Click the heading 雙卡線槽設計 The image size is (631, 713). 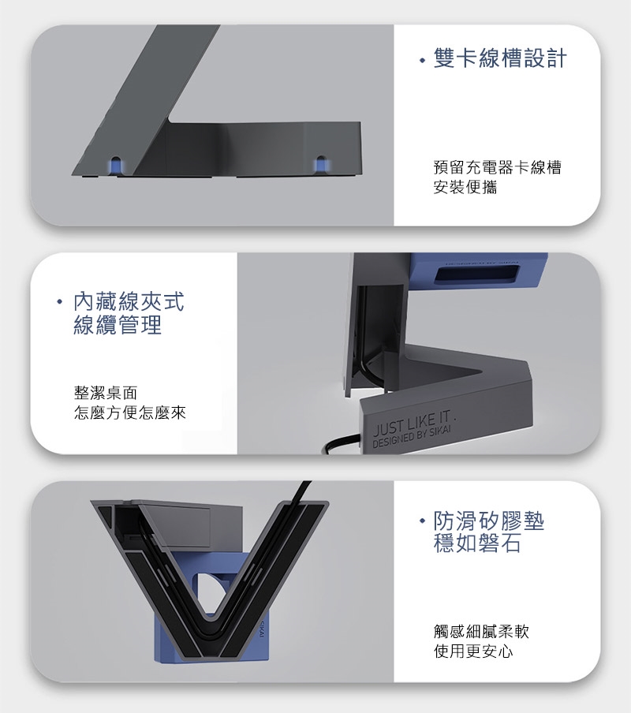point(500,58)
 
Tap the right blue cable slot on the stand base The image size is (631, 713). point(321,165)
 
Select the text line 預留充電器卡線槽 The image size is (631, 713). point(498,167)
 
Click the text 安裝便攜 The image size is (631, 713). point(465,187)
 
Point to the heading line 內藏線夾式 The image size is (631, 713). point(129,302)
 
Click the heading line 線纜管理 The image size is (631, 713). point(118,325)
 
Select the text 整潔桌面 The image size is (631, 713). point(106,393)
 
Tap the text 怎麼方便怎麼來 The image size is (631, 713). point(129,412)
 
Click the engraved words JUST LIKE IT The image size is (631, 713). point(413,423)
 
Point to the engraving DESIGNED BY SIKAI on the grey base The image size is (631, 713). point(412,438)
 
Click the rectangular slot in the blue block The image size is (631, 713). point(476,275)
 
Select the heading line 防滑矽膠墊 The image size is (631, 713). point(489,521)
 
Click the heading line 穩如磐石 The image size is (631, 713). point(477,543)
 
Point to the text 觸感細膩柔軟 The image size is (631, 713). point(481,631)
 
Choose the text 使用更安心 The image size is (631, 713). point(473,651)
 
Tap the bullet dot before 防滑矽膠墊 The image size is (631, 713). point(423,521)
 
